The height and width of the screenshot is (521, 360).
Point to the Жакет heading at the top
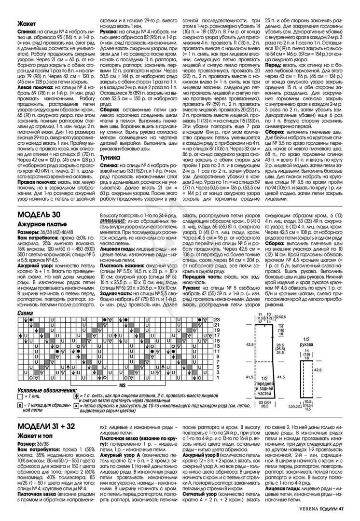pos(26,23)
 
